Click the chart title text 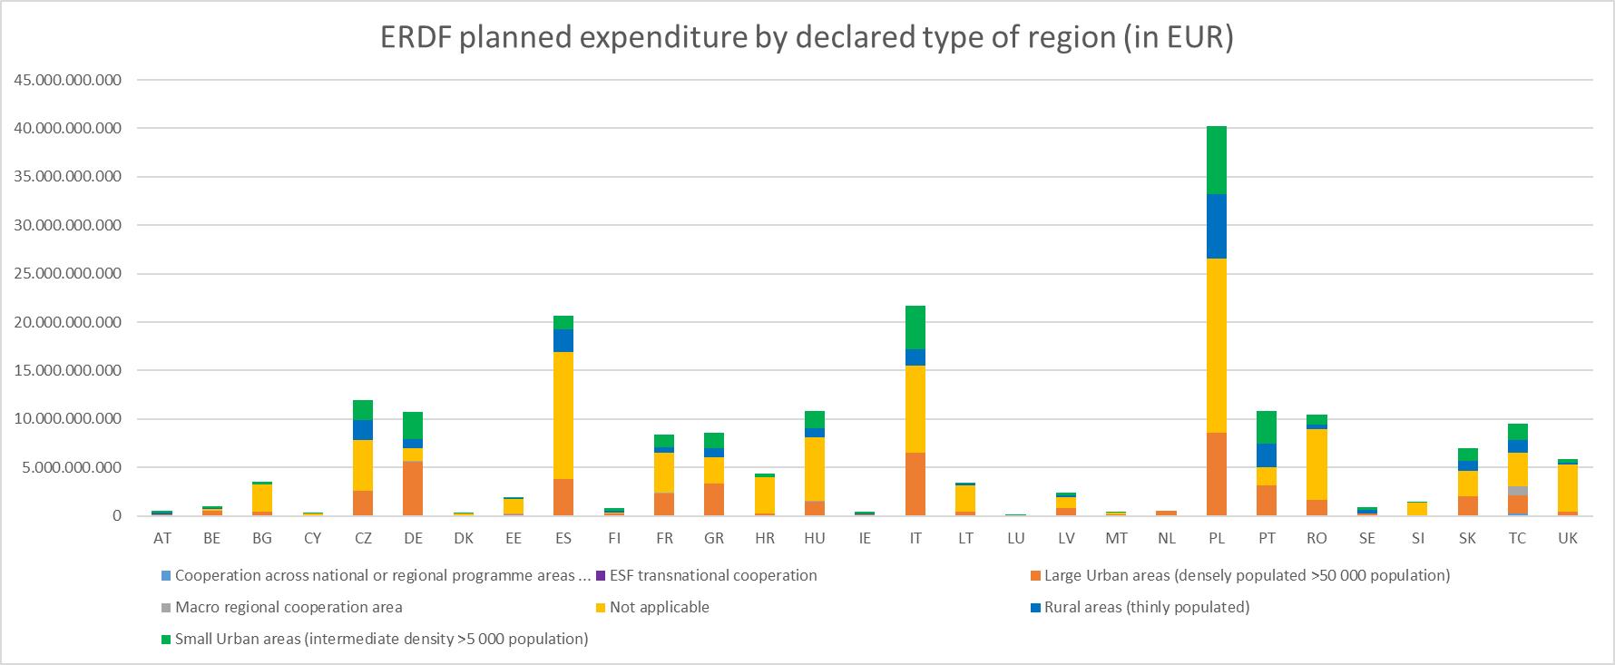pyautogui.click(x=807, y=37)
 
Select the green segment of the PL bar pyautogui.click(x=1217, y=160)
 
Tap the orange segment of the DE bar pyautogui.click(x=413, y=488)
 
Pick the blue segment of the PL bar pyautogui.click(x=1217, y=226)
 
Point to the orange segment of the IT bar pyautogui.click(x=915, y=484)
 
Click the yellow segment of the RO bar pyautogui.click(x=1316, y=464)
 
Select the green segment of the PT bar pyautogui.click(x=1267, y=426)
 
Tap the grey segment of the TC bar pyautogui.click(x=1517, y=491)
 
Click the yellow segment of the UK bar pyautogui.click(x=1567, y=488)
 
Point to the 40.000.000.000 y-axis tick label pyautogui.click(x=68, y=129)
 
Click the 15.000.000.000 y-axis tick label pyautogui.click(x=68, y=370)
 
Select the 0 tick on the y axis pyautogui.click(x=116, y=516)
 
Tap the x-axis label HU pyautogui.click(x=814, y=538)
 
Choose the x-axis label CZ pyautogui.click(x=363, y=538)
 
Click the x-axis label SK pyautogui.click(x=1467, y=538)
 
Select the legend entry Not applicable pyautogui.click(x=659, y=607)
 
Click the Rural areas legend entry pyautogui.click(x=1146, y=607)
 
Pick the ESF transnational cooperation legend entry pyautogui.click(x=712, y=575)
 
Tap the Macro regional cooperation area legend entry pyautogui.click(x=288, y=607)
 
